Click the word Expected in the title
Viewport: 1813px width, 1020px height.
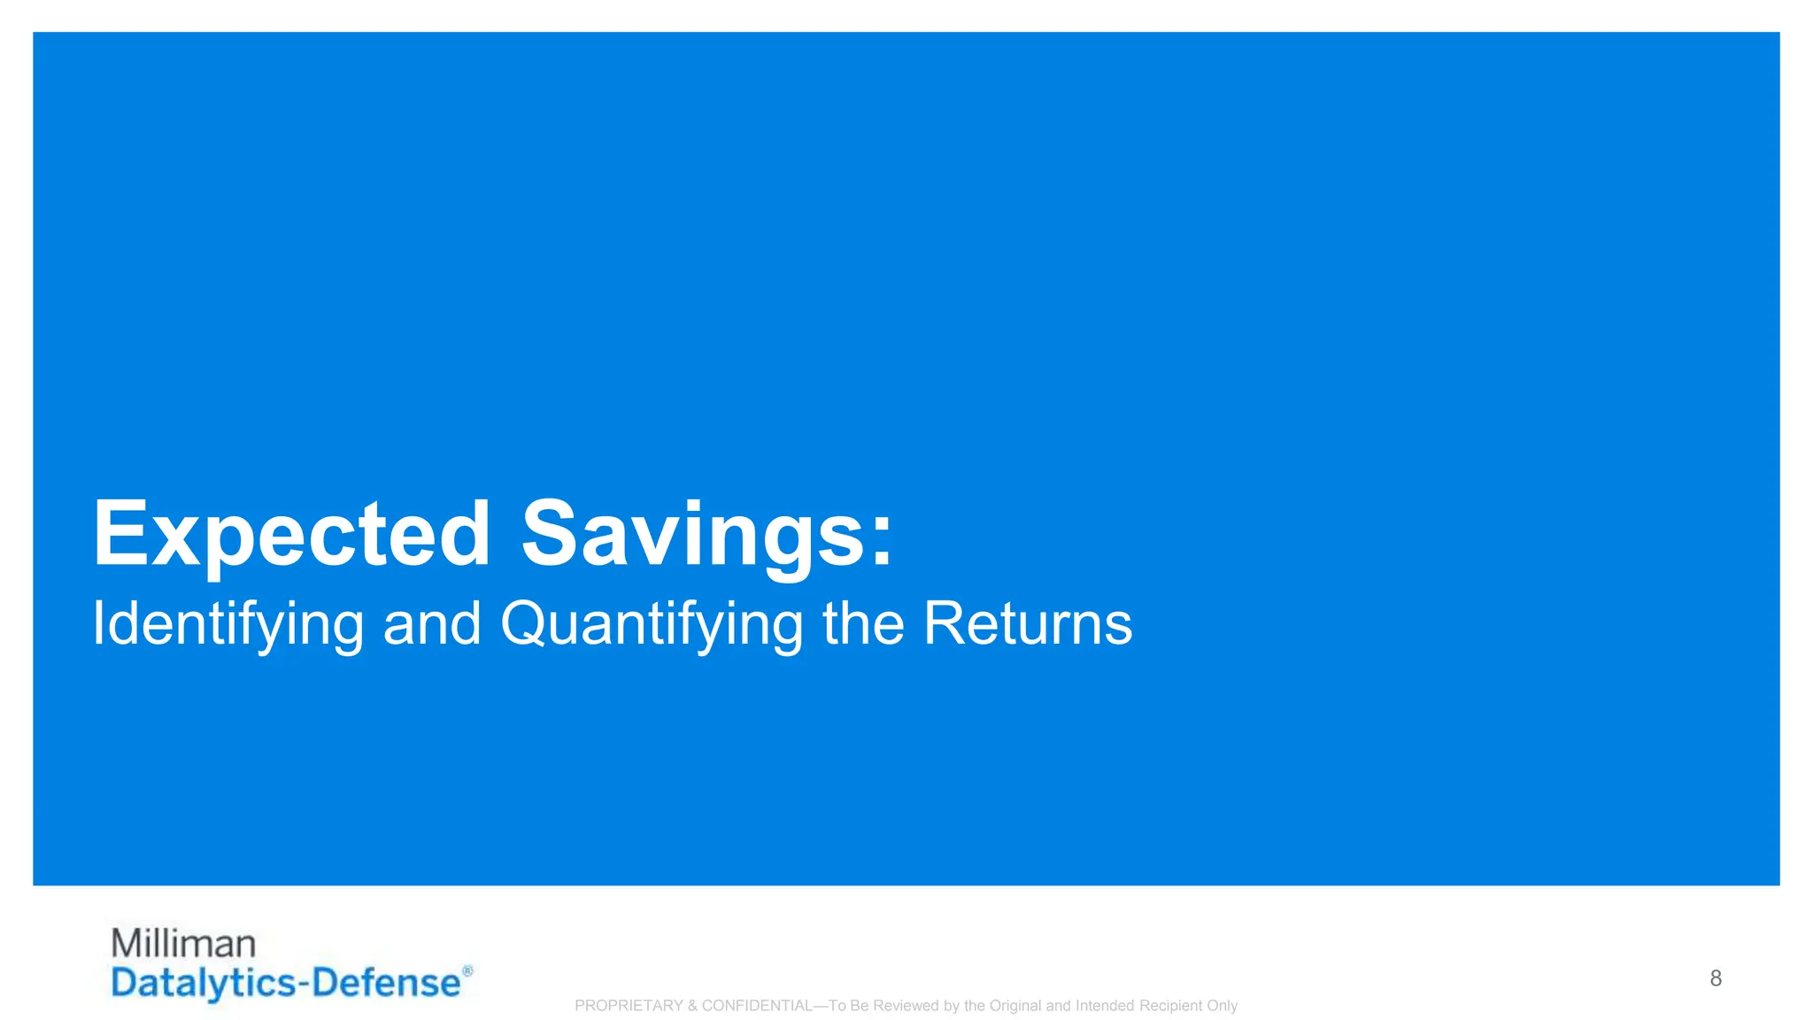(x=291, y=534)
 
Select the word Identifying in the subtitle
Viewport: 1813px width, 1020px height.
(x=228, y=624)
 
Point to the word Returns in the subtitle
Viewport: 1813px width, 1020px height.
(x=1027, y=622)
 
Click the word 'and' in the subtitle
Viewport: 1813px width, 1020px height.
(x=432, y=622)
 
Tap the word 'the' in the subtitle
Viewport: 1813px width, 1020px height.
(x=863, y=622)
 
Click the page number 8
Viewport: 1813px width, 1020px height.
(x=1716, y=978)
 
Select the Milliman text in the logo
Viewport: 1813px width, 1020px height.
(x=183, y=944)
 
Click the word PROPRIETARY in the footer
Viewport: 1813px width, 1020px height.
(x=629, y=1006)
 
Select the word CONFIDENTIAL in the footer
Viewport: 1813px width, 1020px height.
(x=757, y=1006)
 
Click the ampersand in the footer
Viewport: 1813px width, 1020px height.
(x=692, y=1006)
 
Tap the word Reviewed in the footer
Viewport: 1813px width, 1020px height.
(x=906, y=1006)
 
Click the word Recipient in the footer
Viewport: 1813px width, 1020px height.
(x=1170, y=1006)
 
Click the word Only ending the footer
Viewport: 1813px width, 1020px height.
(x=1222, y=1006)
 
